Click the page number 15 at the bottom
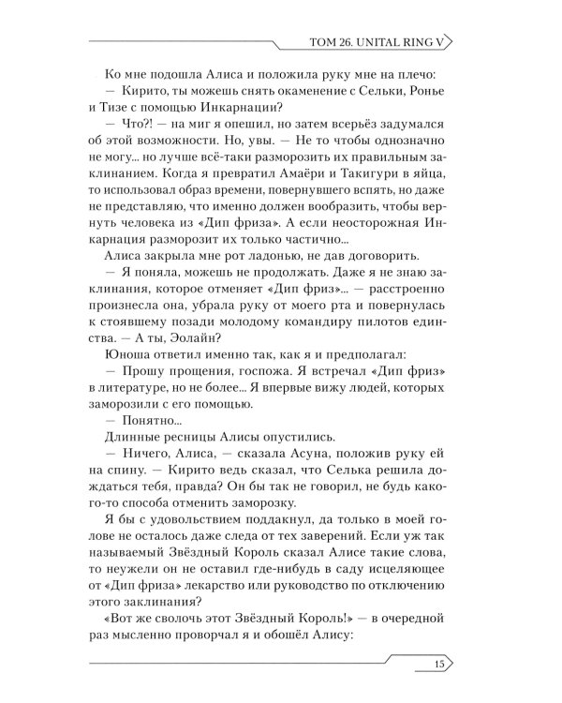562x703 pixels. tap(441, 666)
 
